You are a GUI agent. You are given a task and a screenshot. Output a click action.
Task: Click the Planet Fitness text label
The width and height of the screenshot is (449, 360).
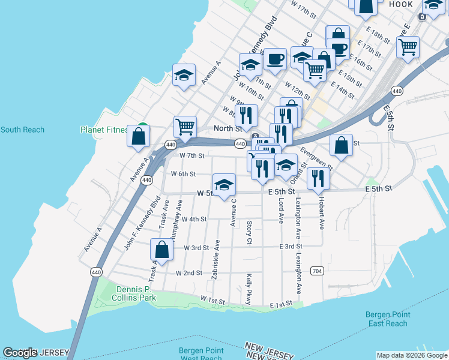(104, 130)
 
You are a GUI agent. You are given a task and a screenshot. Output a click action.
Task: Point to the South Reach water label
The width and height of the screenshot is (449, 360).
(22, 130)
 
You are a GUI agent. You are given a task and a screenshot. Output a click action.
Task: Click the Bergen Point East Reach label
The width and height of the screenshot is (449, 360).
(388, 319)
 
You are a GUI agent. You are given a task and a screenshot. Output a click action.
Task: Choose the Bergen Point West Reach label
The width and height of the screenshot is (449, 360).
(200, 354)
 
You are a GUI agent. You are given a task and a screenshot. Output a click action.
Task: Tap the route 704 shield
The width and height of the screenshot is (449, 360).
(318, 271)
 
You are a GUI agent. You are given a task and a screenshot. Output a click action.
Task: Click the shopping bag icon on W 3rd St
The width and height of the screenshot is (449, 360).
(161, 248)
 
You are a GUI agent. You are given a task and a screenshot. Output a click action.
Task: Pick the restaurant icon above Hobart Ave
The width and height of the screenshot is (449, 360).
(318, 178)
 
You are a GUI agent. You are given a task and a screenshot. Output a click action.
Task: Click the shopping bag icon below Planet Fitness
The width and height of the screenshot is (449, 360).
(139, 136)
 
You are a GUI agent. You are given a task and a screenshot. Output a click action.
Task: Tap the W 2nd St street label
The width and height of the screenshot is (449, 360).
(189, 273)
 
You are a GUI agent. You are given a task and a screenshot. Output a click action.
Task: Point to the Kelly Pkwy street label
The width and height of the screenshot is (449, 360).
(249, 289)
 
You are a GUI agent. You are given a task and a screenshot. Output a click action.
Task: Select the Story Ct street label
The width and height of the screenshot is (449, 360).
(249, 233)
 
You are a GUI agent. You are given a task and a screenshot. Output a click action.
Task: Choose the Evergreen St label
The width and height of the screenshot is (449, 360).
(316, 158)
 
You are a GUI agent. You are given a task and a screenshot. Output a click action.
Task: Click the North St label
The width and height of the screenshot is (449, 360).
(228, 128)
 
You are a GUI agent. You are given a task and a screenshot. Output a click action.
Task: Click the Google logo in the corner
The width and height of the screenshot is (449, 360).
(20, 353)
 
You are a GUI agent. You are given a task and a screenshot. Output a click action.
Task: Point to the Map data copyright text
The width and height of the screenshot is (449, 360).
(411, 356)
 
